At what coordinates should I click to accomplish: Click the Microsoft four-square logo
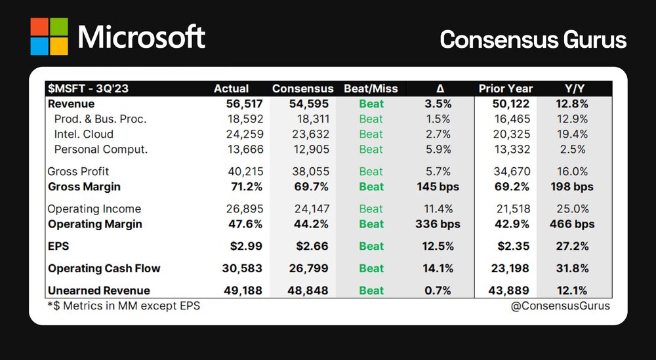(x=49, y=36)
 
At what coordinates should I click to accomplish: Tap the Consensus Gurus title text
(x=533, y=40)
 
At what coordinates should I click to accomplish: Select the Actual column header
(x=232, y=89)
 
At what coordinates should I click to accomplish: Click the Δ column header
(x=440, y=89)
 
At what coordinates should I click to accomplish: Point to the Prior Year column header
(x=505, y=89)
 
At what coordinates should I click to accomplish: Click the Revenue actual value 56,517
(x=245, y=104)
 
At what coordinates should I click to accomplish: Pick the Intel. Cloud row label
(x=84, y=134)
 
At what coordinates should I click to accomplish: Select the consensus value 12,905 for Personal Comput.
(x=311, y=150)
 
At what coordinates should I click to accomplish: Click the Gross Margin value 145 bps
(x=438, y=186)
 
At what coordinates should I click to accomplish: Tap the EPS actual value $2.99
(x=246, y=246)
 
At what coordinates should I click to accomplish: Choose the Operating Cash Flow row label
(x=104, y=268)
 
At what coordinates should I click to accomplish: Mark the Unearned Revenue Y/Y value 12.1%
(x=571, y=290)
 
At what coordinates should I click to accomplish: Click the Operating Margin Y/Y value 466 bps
(x=572, y=224)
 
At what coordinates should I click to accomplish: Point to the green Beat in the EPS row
(x=371, y=247)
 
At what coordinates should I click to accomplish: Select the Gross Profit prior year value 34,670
(x=512, y=171)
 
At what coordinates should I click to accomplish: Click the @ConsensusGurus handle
(x=560, y=306)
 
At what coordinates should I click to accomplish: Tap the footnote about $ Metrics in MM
(x=124, y=306)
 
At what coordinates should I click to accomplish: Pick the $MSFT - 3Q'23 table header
(x=89, y=89)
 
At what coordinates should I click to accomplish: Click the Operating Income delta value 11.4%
(x=438, y=209)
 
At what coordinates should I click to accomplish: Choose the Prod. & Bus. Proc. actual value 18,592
(x=245, y=119)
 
